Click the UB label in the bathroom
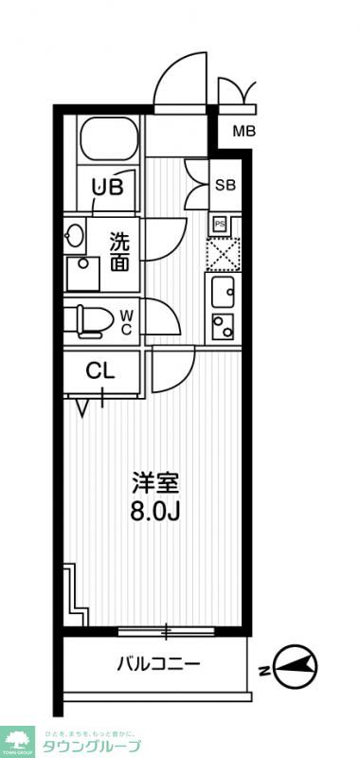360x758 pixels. (x=107, y=187)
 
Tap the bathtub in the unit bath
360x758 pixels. (x=107, y=140)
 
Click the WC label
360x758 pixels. (x=127, y=321)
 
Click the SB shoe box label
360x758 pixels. (x=225, y=185)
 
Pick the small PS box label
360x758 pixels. (x=219, y=224)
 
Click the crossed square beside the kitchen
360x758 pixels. (x=225, y=253)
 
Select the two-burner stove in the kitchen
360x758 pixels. (x=224, y=328)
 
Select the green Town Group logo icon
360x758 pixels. (x=18, y=739)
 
